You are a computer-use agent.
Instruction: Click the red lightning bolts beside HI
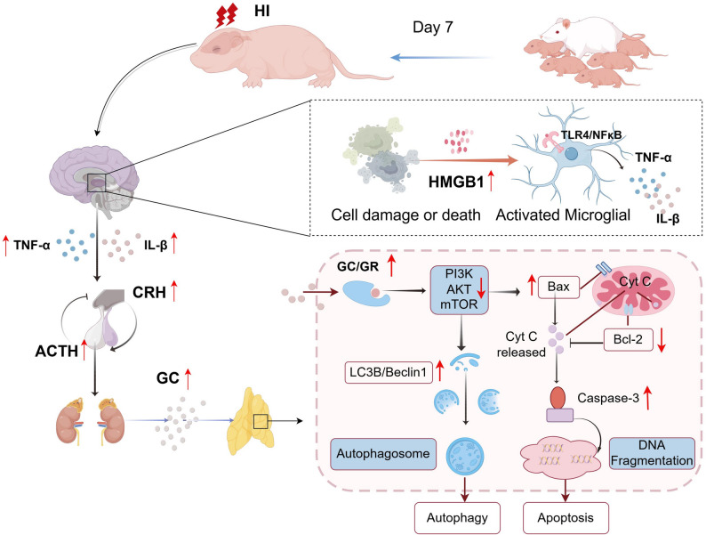[x=226, y=16]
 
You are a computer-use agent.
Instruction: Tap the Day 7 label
[x=433, y=28]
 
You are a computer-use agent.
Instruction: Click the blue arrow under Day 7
[x=443, y=57]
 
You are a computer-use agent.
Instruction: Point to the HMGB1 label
[x=455, y=182]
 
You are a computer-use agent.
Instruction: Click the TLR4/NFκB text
[x=590, y=134]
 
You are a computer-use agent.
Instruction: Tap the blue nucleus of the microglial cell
[x=572, y=154]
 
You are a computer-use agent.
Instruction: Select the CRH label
[x=149, y=292]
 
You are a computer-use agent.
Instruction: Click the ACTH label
[x=56, y=351]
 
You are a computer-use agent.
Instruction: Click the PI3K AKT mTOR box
[x=459, y=290]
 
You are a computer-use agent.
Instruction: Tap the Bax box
[x=558, y=287]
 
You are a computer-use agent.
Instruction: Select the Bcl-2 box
[x=628, y=339]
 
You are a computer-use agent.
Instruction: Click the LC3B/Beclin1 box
[x=388, y=373]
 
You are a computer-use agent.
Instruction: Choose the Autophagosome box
[x=383, y=454]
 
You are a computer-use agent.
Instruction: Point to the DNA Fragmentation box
[x=652, y=453]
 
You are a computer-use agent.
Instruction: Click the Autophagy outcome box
[x=457, y=518]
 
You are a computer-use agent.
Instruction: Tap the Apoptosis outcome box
[x=566, y=518]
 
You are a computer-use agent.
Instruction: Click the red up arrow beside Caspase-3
[x=647, y=398]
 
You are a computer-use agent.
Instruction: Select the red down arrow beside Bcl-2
[x=662, y=340]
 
